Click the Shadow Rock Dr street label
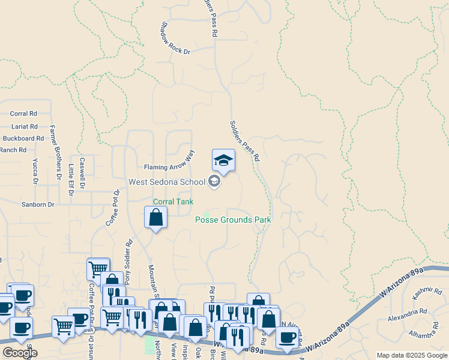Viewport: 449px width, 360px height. pyautogui.click(x=175, y=40)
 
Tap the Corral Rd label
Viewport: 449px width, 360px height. pyautogui.click(x=24, y=113)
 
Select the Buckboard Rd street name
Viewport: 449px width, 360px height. pyautogui.click(x=23, y=138)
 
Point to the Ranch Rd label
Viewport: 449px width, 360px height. pyautogui.click(x=13, y=150)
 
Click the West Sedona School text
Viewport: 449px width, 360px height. pyautogui.click(x=166, y=181)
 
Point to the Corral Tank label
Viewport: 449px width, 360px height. pyautogui.click(x=173, y=202)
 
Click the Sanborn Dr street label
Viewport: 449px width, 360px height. pyautogui.click(x=39, y=205)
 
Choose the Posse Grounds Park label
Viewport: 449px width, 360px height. pyautogui.click(x=233, y=220)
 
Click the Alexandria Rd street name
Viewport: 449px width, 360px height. pyautogui.click(x=407, y=312)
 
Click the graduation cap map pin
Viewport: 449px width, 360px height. pyautogui.click(x=223, y=160)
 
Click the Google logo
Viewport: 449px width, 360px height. pyautogui.click(x=20, y=353)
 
